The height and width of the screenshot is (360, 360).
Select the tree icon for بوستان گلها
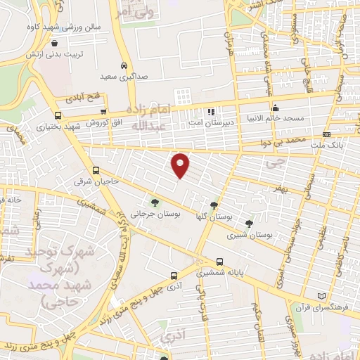pos(214,205)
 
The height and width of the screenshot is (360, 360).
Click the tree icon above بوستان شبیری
pos(249,224)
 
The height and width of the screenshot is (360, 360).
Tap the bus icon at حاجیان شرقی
pos(96,170)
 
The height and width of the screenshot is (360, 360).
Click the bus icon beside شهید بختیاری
pos(57,115)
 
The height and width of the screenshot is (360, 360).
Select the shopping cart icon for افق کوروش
pos(104,111)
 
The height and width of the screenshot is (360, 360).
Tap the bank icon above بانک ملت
pos(326,134)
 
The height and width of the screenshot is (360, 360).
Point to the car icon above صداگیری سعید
pos(124,65)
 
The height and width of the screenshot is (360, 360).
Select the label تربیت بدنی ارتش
pos(55,54)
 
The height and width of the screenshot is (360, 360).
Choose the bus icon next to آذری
pos(174,276)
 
